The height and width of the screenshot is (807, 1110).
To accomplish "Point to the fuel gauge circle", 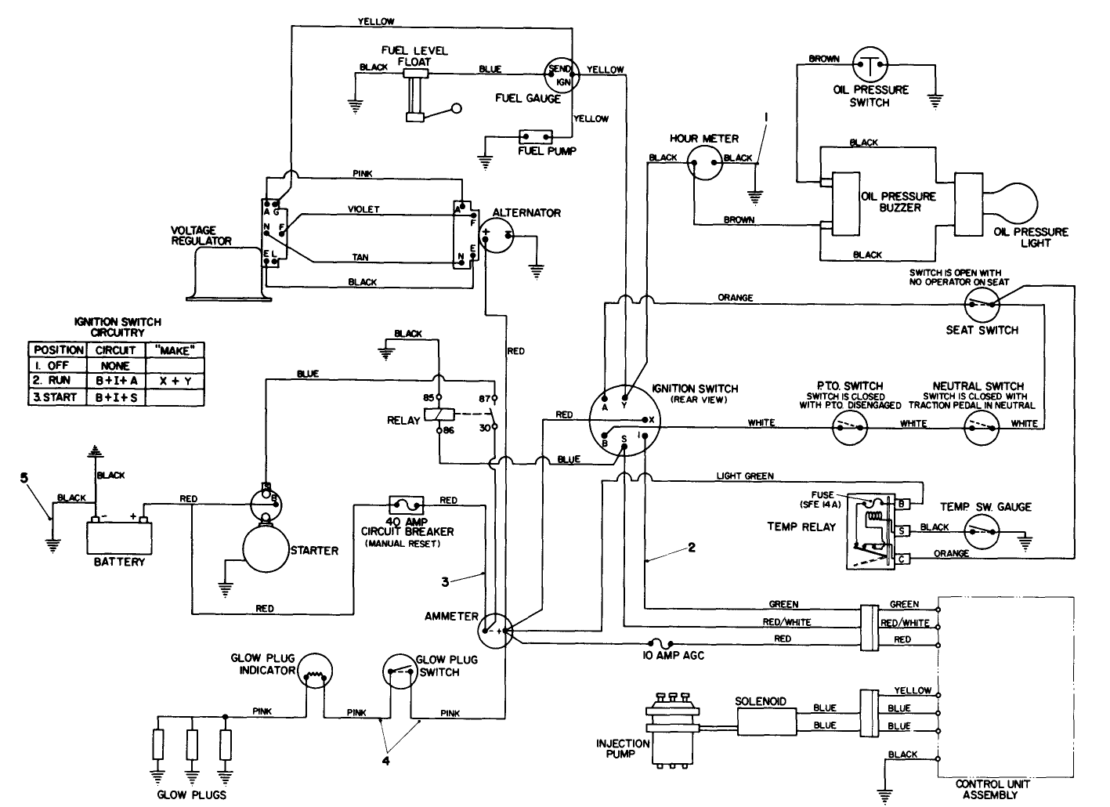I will (x=561, y=74).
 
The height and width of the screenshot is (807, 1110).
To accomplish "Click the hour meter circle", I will (x=703, y=165).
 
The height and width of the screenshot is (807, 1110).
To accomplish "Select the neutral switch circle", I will (x=981, y=426).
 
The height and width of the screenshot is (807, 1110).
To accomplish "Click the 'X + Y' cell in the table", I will (x=175, y=381).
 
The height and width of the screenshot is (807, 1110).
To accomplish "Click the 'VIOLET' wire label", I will (x=363, y=209).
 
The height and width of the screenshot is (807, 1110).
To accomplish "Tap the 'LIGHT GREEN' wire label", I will (x=744, y=476).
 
